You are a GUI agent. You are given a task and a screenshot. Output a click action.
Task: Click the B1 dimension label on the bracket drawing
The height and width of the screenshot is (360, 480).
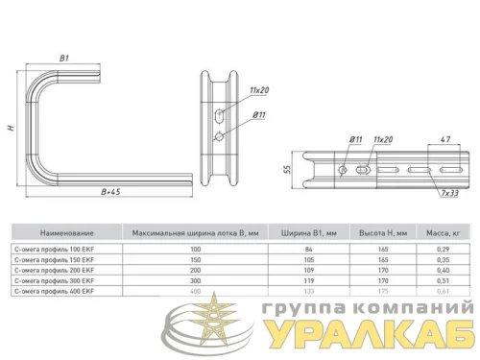pyautogui.click(x=64, y=60)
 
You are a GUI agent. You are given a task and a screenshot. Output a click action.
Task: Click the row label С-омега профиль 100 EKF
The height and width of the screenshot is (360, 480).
pyautogui.click(x=59, y=249)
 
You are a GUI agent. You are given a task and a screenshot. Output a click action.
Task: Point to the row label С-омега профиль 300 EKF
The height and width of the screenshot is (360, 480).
pyautogui.click(x=59, y=280)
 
